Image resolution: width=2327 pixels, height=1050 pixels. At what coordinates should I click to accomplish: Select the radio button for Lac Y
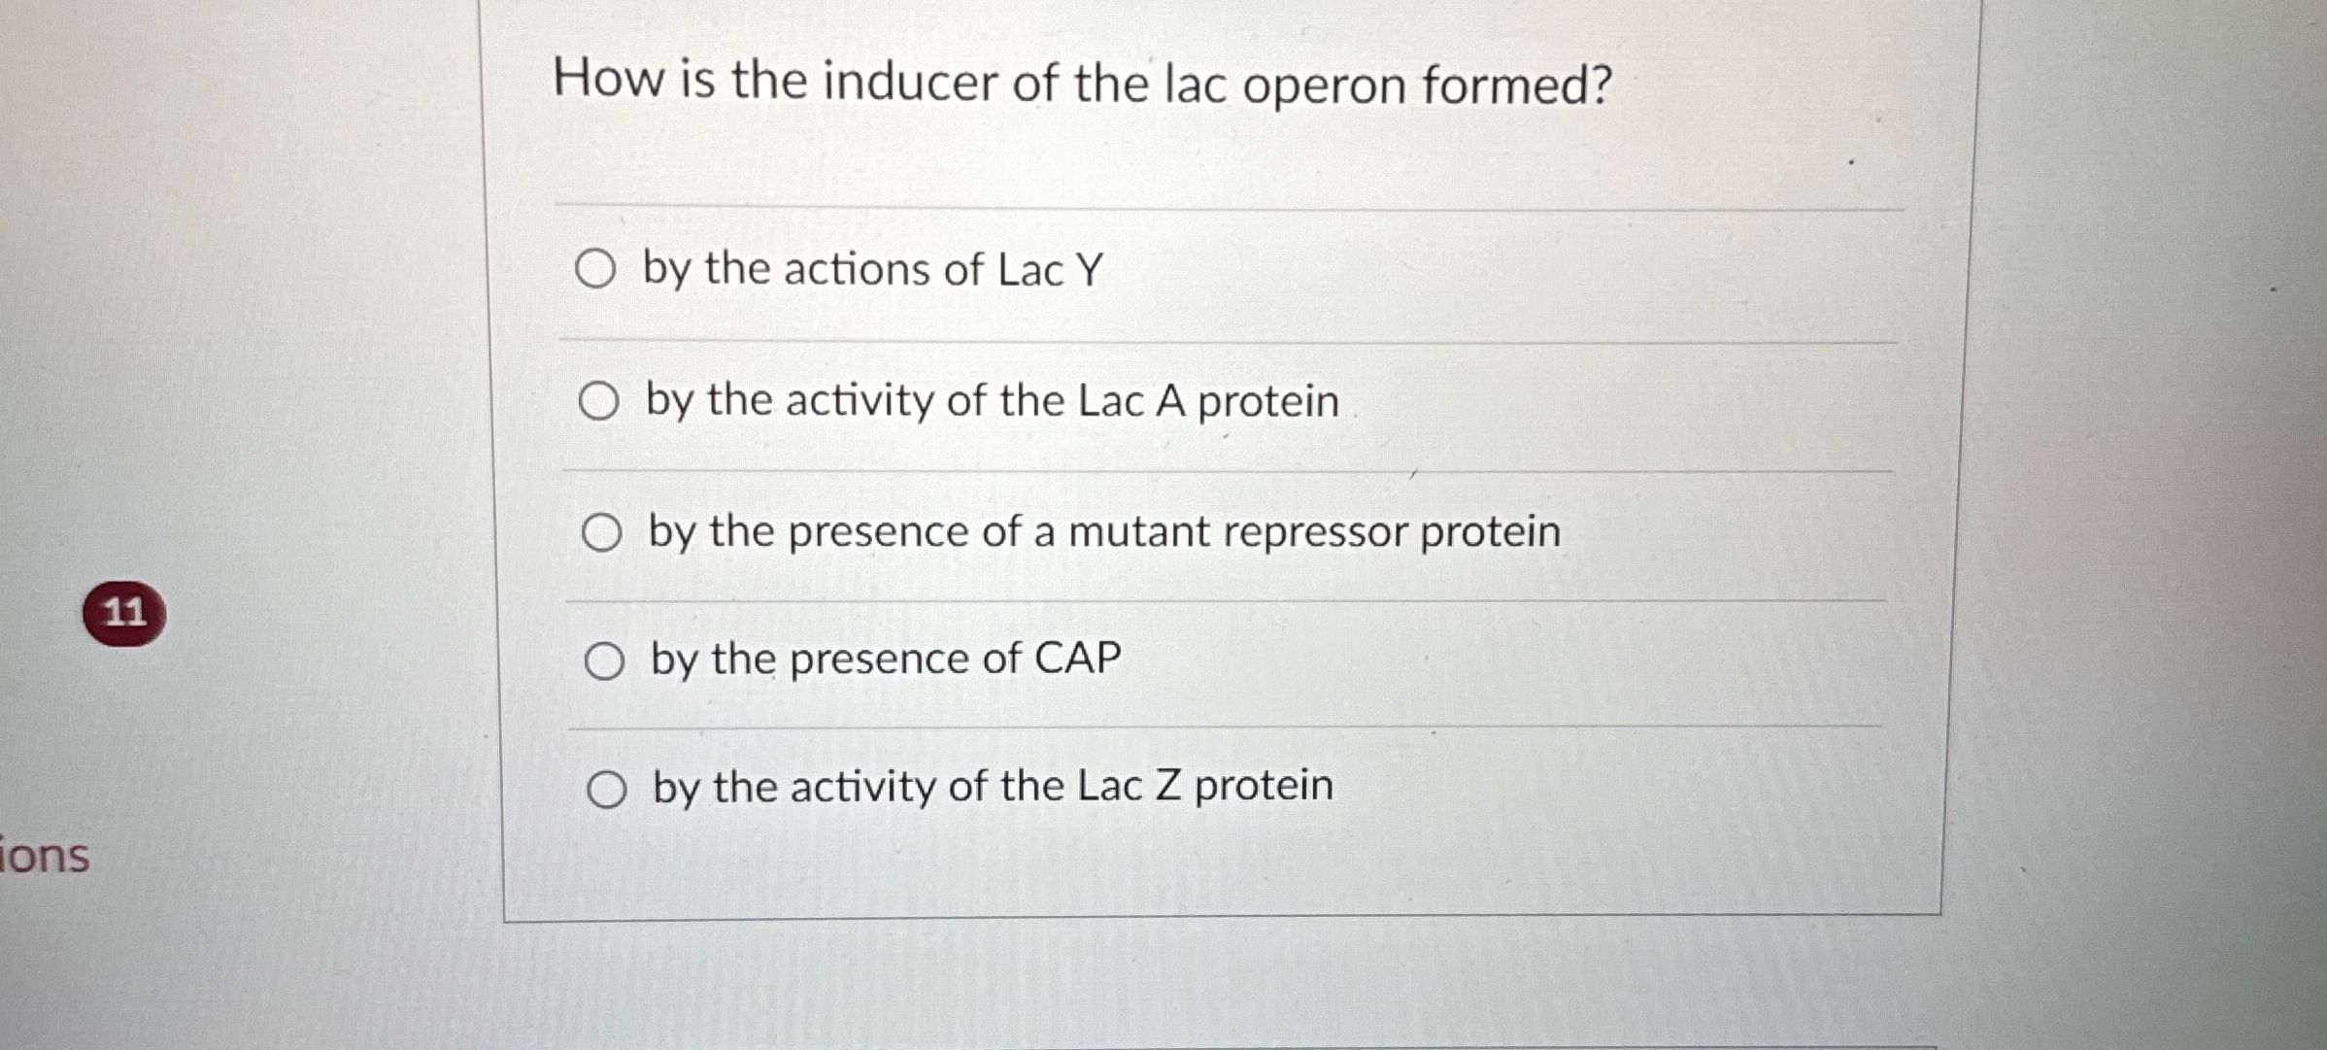[594, 269]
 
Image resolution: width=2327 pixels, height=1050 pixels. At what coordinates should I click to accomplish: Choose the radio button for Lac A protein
[598, 400]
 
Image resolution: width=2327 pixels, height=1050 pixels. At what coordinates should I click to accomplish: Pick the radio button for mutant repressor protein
[601, 532]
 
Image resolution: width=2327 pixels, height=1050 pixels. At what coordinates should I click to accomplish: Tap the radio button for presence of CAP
[604, 661]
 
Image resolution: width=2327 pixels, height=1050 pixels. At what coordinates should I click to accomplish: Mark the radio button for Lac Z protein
[607, 790]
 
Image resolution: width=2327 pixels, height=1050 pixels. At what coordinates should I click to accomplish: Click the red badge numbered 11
[124, 613]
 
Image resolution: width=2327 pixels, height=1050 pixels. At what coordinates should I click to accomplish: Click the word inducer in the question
[909, 82]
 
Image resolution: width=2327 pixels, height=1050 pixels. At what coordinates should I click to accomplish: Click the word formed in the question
[1515, 85]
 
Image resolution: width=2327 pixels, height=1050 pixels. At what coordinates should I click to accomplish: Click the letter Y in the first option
[1090, 269]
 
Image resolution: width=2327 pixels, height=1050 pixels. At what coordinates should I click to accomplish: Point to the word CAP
[1078, 659]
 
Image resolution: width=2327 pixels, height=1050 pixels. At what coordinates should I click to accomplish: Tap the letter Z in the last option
[1168, 786]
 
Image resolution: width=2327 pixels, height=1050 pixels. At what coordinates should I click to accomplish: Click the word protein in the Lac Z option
[1264, 786]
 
